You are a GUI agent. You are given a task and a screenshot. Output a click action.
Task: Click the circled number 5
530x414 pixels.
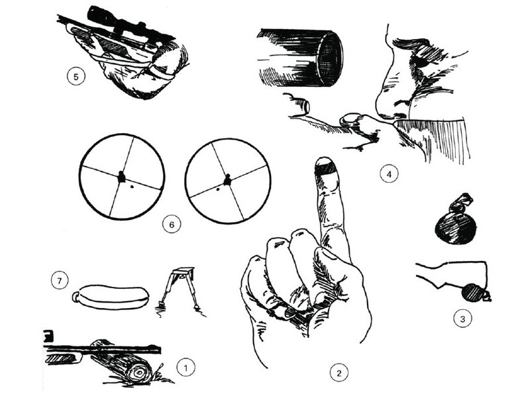pyautogui.click(x=76, y=76)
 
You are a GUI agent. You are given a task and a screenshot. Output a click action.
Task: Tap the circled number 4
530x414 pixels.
pyautogui.click(x=389, y=174)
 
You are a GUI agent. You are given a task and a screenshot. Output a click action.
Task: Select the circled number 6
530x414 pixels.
pyautogui.click(x=172, y=224)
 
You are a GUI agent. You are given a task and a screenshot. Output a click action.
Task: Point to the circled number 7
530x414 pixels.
pyautogui.click(x=60, y=280)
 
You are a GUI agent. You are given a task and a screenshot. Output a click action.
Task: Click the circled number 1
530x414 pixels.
pyautogui.click(x=185, y=367)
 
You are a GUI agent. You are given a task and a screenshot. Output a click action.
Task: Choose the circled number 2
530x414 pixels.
pyautogui.click(x=339, y=372)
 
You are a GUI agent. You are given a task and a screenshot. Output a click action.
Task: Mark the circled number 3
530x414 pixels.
pyautogui.click(x=462, y=318)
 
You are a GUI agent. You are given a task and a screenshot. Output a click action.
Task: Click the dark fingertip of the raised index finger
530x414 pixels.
pyautogui.click(x=325, y=166)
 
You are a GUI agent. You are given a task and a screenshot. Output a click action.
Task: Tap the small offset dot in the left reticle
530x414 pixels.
pyautogui.click(x=132, y=186)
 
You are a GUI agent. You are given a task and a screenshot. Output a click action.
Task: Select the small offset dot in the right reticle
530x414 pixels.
pyautogui.click(x=218, y=189)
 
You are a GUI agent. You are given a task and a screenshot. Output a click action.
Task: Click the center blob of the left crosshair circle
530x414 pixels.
pyautogui.click(x=121, y=177)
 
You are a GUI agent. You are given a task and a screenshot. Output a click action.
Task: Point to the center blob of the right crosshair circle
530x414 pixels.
pyautogui.click(x=228, y=180)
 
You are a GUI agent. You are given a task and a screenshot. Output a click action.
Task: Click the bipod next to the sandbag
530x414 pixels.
pyautogui.click(x=179, y=290)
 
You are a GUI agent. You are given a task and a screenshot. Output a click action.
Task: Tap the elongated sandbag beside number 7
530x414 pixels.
pyautogui.click(x=111, y=297)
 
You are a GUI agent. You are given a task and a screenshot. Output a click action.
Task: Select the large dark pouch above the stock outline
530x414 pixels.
pyautogui.click(x=456, y=221)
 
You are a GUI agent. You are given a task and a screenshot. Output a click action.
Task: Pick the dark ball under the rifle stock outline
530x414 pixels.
pyautogui.click(x=472, y=293)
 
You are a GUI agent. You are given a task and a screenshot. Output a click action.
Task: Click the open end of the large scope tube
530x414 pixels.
pyautogui.click(x=330, y=58)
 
